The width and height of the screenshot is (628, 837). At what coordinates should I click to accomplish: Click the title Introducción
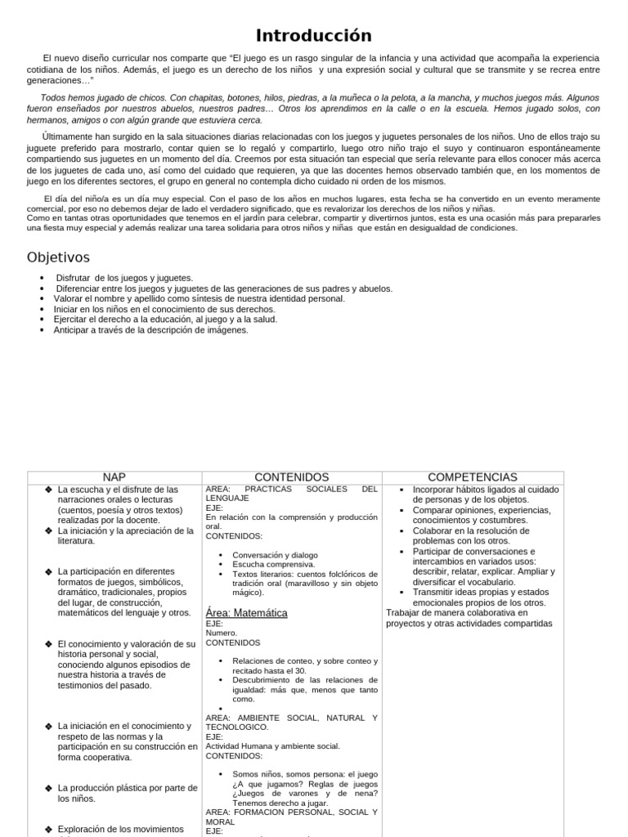[314, 35]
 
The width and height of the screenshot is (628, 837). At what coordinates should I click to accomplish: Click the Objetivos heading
[58, 257]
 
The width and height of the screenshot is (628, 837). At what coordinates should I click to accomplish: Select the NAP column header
[114, 477]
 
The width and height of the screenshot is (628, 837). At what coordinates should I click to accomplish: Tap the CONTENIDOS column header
[291, 477]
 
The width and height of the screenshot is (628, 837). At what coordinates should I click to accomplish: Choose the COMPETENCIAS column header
[473, 477]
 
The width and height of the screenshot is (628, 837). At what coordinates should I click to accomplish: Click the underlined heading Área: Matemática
[246, 612]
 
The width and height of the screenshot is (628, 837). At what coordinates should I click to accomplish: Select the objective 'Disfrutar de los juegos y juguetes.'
[124, 278]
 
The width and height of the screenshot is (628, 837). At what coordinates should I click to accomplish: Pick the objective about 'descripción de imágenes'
[151, 330]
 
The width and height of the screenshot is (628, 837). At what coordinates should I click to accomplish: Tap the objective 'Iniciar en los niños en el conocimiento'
[155, 309]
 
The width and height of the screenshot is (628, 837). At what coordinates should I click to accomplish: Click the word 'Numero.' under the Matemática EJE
[222, 633]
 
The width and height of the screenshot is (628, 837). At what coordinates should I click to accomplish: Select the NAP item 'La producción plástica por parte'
[128, 788]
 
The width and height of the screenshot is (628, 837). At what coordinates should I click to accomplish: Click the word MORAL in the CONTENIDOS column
[221, 821]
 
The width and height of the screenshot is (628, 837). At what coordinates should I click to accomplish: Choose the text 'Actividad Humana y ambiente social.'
[272, 745]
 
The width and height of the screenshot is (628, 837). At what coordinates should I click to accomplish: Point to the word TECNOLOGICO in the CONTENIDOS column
[236, 727]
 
